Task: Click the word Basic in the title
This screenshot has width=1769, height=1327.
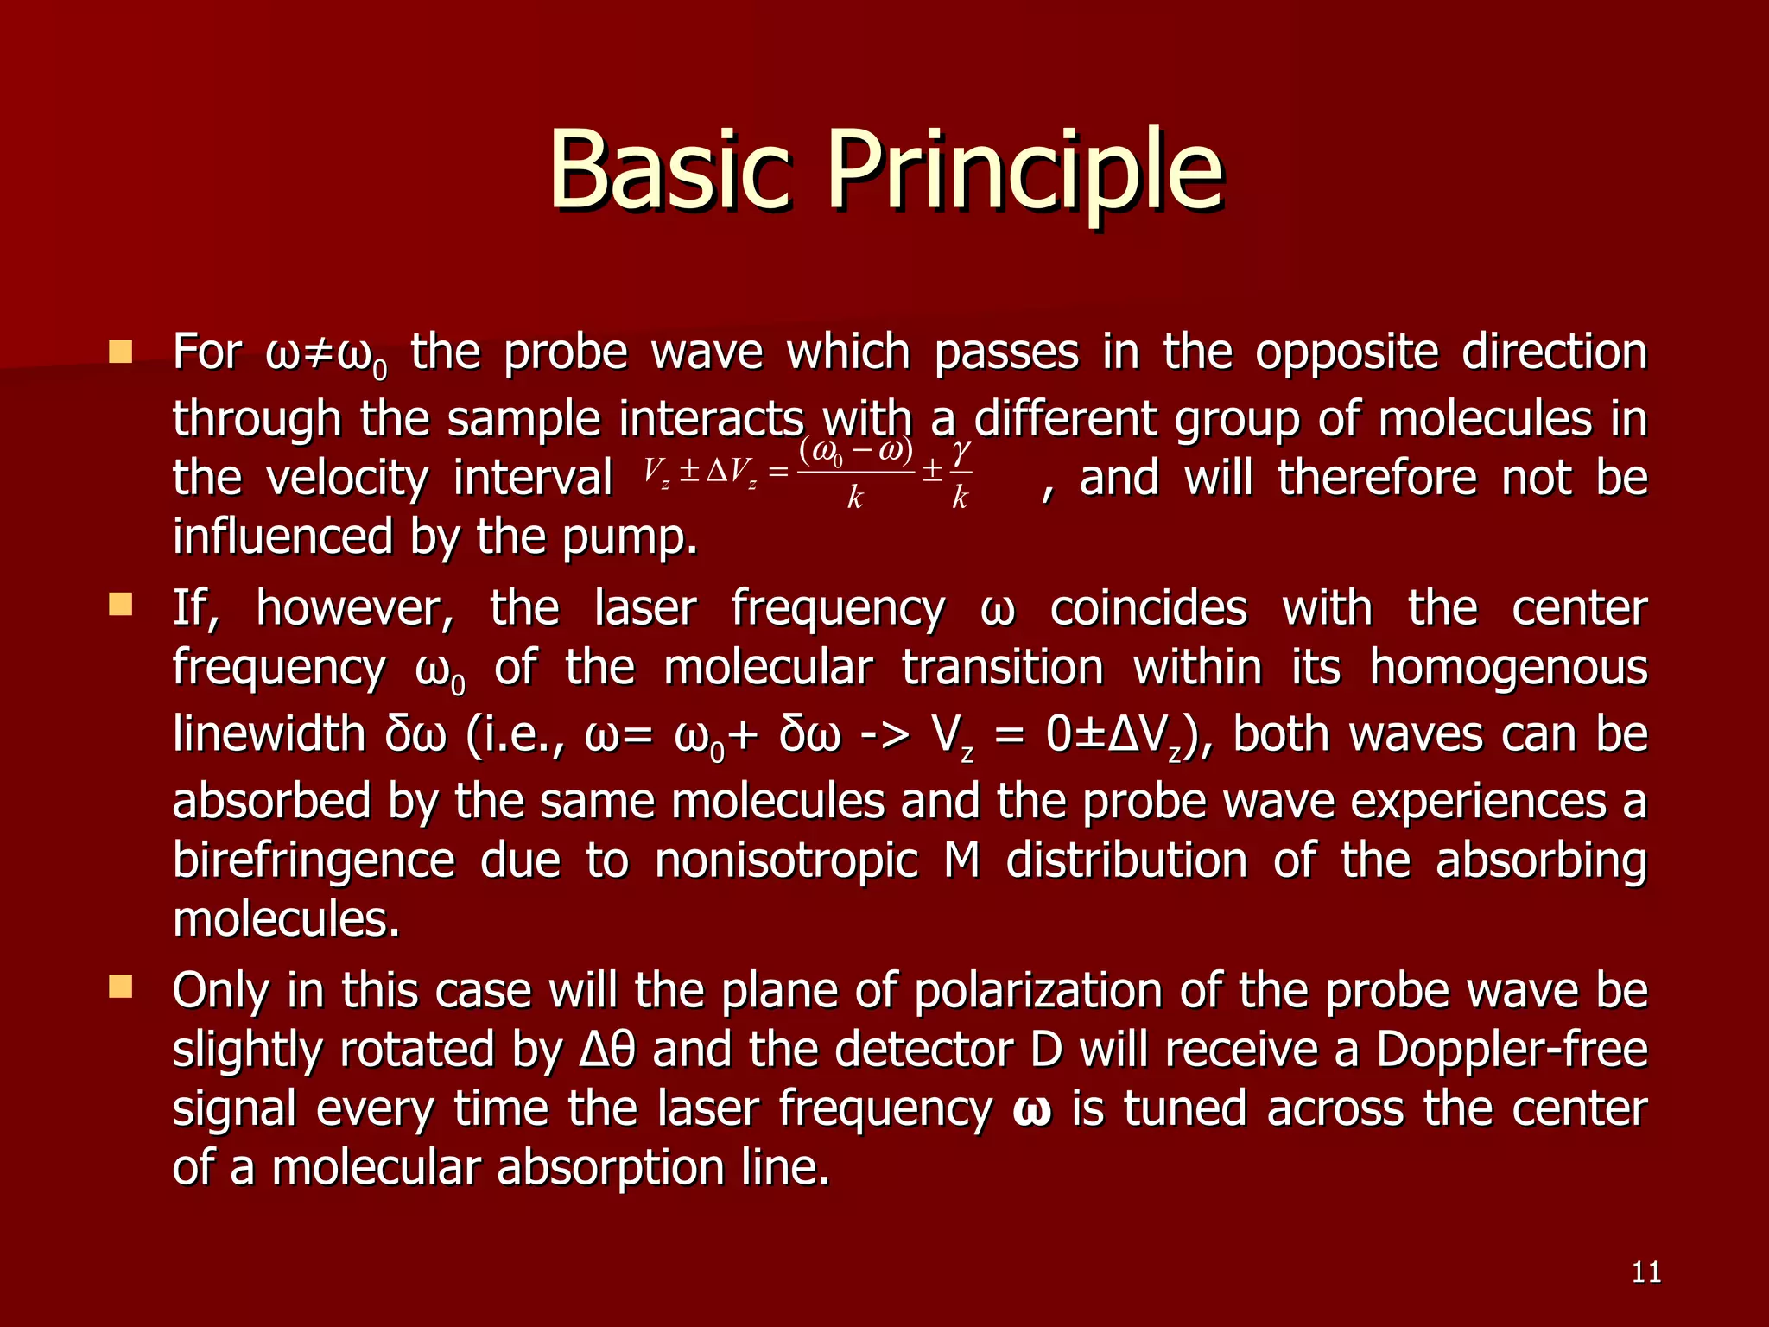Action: tap(669, 170)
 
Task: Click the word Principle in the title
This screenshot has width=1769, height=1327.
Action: tap(1025, 170)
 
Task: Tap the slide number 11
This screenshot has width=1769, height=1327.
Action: tap(1646, 1272)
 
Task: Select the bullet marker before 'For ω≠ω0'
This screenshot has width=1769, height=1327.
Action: tap(121, 352)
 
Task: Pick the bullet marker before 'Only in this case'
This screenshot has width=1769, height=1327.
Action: tap(121, 987)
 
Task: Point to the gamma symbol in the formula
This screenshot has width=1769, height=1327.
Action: tap(961, 451)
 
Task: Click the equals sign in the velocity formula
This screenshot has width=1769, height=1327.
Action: tap(778, 472)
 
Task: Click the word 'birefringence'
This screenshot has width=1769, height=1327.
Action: tap(313, 860)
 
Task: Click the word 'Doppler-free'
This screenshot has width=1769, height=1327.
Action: tap(1511, 1050)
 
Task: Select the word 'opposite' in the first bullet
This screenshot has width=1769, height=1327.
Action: tap(1347, 352)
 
